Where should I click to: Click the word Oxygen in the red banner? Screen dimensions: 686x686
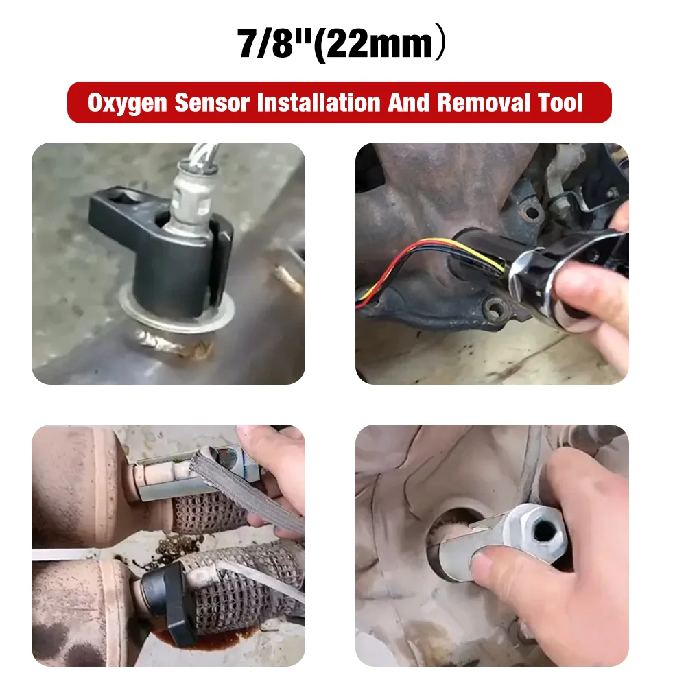(x=127, y=103)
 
